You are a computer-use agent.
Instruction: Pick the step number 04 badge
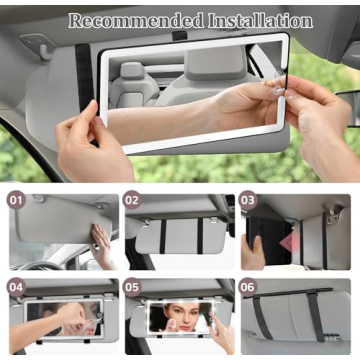pos(16,287)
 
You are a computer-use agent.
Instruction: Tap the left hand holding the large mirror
pos(85,150)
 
